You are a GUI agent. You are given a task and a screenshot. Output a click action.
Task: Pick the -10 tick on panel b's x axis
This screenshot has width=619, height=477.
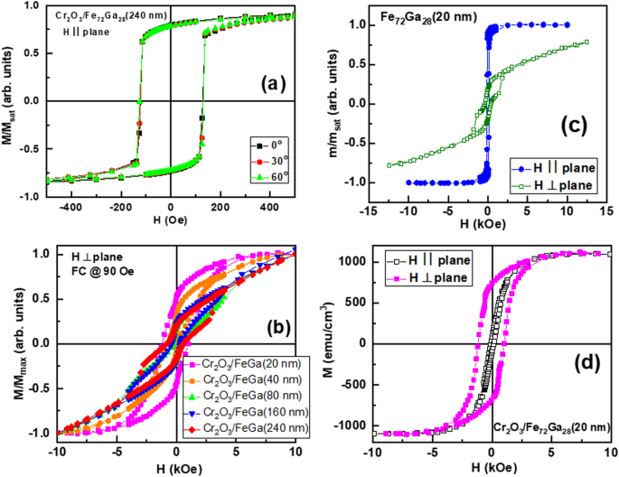pyautogui.click(x=56, y=451)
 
